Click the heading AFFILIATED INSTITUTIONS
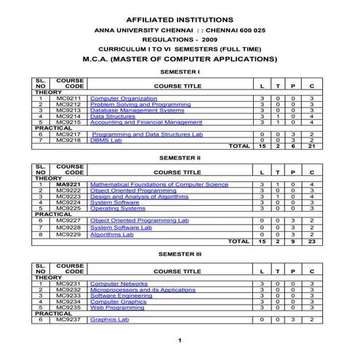click(180, 17)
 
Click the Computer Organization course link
click(123, 98)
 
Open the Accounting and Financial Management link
click(145, 122)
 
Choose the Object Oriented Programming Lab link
click(132, 220)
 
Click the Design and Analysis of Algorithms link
click(139, 196)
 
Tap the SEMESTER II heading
click(179, 157)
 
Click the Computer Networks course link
click(119, 284)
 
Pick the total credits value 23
click(311, 242)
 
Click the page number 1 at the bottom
click(179, 340)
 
